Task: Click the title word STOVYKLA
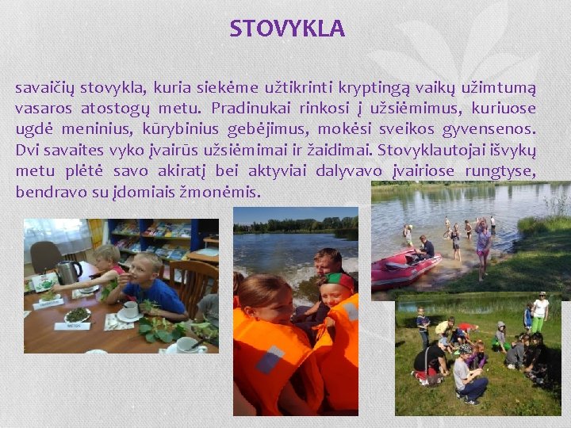click(287, 29)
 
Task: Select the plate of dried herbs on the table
click(77, 315)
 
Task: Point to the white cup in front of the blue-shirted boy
click(130, 309)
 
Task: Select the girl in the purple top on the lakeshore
click(482, 246)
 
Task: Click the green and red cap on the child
click(338, 281)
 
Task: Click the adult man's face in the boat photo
click(327, 265)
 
